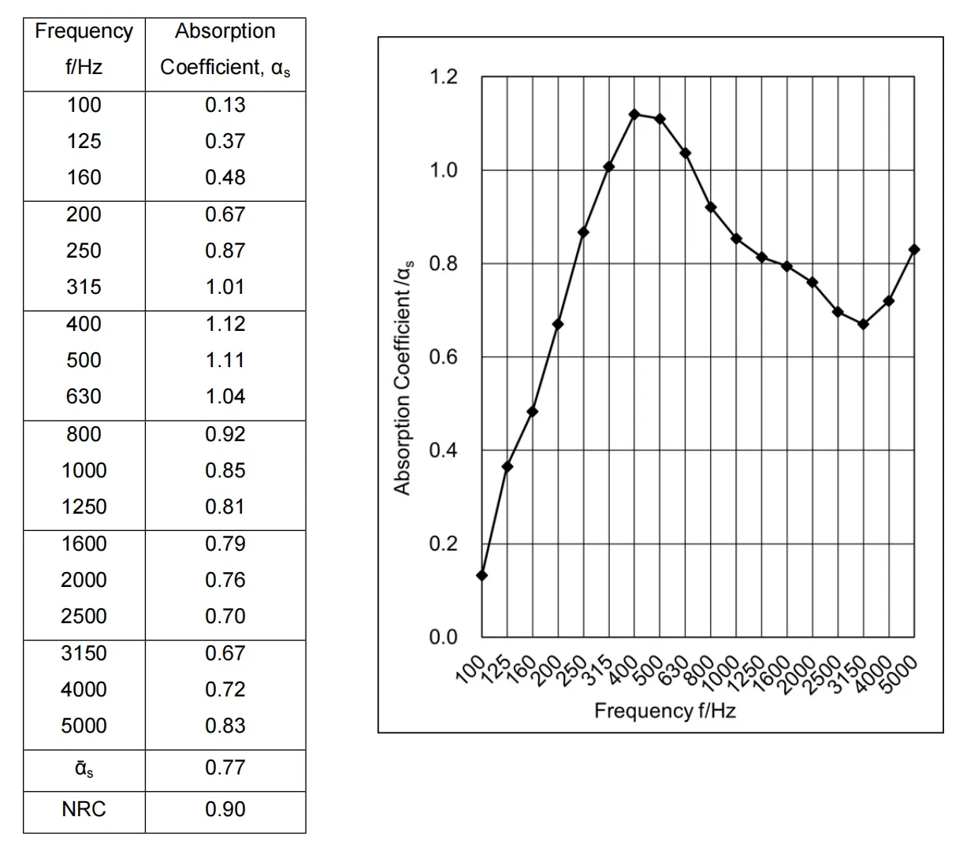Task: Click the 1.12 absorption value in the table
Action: [x=225, y=324]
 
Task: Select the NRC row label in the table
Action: [x=84, y=809]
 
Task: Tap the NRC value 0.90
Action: [x=225, y=809]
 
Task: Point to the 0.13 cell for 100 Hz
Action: [x=225, y=105]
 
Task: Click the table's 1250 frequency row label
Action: [x=84, y=507]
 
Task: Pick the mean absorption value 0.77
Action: [x=225, y=767]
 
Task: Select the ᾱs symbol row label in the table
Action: [x=84, y=768]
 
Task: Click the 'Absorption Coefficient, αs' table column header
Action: [x=225, y=49]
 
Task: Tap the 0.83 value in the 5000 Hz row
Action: [x=225, y=726]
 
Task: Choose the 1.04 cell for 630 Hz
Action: [x=225, y=396]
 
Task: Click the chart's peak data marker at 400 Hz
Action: [x=634, y=114]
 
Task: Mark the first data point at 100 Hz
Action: [x=482, y=575]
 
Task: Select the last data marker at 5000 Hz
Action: [x=914, y=250]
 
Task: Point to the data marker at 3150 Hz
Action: [x=863, y=324]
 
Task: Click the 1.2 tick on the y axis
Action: [x=443, y=77]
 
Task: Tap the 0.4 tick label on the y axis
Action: [x=443, y=451]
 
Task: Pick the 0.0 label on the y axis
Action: [x=443, y=637]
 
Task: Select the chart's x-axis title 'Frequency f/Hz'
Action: [x=665, y=711]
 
